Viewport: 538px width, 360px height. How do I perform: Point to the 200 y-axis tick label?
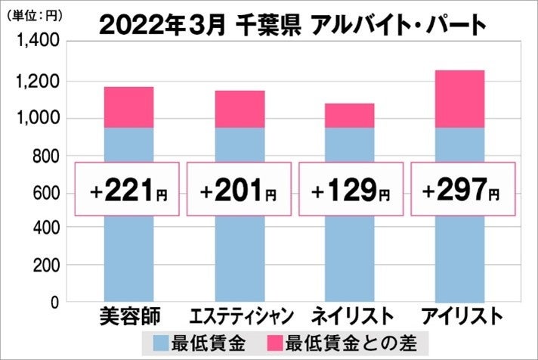pyautogui.click(x=45, y=265)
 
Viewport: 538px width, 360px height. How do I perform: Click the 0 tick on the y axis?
pyautogui.click(x=54, y=303)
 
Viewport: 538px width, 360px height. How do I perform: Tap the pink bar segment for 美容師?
pyautogui.click(x=128, y=107)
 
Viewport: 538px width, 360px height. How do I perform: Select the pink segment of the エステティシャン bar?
pyautogui.click(x=239, y=109)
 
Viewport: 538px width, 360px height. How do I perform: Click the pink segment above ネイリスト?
pyautogui.click(x=349, y=115)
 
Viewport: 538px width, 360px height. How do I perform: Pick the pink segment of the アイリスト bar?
pyautogui.click(x=460, y=98)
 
